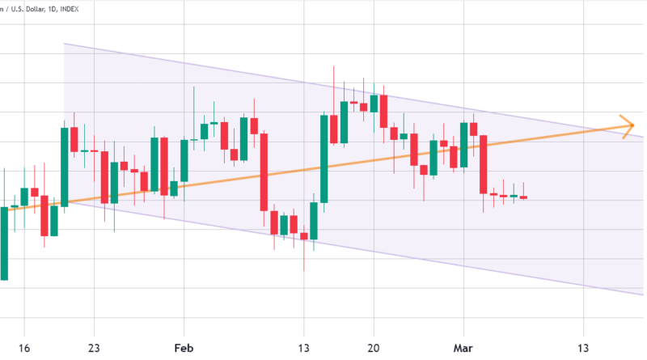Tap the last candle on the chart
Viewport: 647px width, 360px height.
523,197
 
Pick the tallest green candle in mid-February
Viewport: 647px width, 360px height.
324,158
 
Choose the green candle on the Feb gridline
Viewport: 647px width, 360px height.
184,160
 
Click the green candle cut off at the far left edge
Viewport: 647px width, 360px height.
4,243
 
